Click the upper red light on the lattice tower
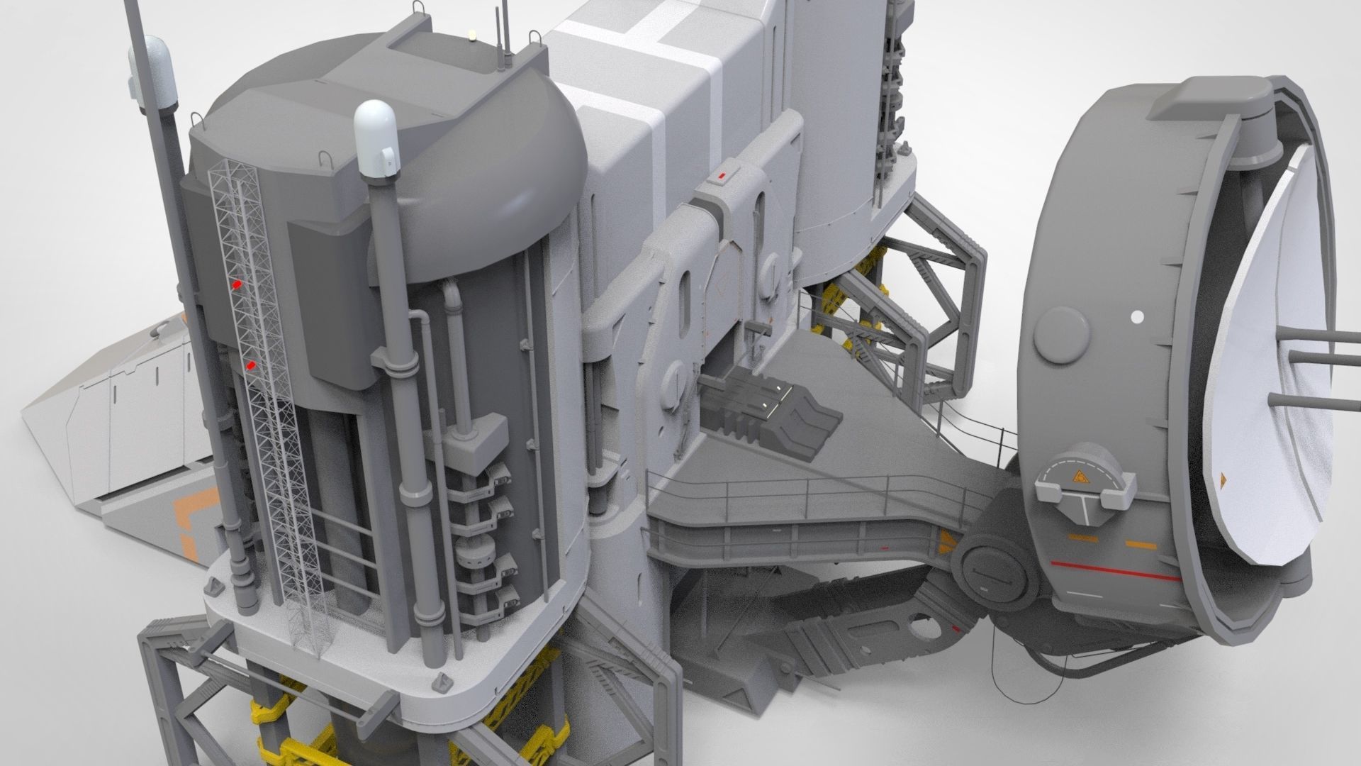[237, 284]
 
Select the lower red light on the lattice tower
[251, 365]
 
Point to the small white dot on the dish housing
[1137, 316]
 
